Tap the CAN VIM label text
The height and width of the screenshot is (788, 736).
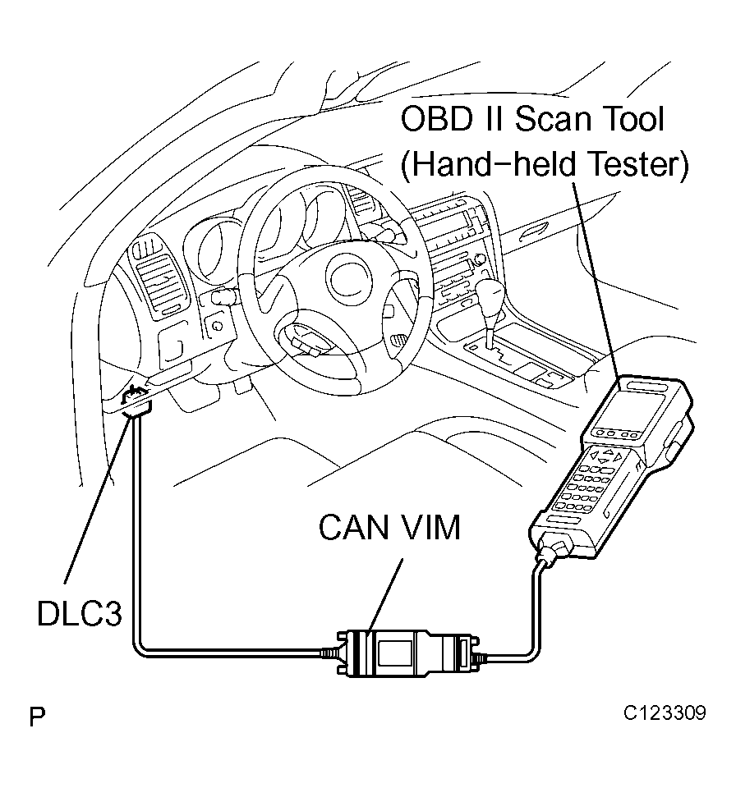(x=389, y=528)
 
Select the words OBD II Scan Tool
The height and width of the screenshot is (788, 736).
(x=532, y=119)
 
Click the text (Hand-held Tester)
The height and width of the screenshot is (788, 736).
(x=545, y=164)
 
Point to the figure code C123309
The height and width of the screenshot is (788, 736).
(x=665, y=712)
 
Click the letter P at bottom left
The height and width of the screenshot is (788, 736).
(x=37, y=717)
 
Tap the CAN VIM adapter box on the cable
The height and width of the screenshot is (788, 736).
(x=407, y=653)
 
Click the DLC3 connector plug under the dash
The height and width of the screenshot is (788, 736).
(x=137, y=401)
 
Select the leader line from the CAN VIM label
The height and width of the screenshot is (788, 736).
(x=386, y=596)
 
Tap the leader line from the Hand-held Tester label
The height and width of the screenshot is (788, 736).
(x=596, y=278)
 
